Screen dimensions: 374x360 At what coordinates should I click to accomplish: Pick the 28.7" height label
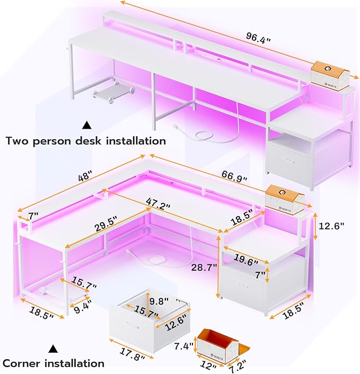point(204,268)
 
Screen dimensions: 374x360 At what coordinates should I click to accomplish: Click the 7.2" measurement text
point(239,368)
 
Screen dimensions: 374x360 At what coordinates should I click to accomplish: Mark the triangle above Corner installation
point(54,349)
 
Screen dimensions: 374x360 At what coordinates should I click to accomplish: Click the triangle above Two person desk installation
point(87,126)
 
